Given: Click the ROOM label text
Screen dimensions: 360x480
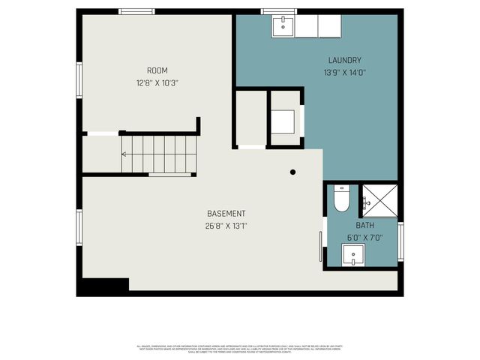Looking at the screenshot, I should [x=157, y=70].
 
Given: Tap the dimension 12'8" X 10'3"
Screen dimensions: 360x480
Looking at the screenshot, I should [x=157, y=82].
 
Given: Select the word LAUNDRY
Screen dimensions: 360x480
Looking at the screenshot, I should [x=345, y=60].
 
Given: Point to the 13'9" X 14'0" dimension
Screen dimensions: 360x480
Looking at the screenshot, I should [x=345, y=73].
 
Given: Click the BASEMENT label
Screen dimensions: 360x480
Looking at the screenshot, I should [x=226, y=214].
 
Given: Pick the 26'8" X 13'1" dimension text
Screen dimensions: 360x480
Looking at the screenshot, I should [x=226, y=226].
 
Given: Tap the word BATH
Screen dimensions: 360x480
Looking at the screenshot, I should [x=364, y=225].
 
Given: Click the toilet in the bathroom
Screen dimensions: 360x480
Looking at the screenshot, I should [x=341, y=199].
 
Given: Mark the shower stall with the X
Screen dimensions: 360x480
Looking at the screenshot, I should [x=379, y=200].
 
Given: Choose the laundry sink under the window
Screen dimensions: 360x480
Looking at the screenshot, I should [x=283, y=25].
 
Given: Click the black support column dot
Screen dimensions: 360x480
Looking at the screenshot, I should [x=293, y=172].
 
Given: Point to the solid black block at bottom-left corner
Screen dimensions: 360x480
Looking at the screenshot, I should [x=104, y=286].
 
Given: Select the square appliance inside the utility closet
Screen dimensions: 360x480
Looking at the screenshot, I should [x=283, y=121].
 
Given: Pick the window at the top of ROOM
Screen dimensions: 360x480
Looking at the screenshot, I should [x=137, y=11].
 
